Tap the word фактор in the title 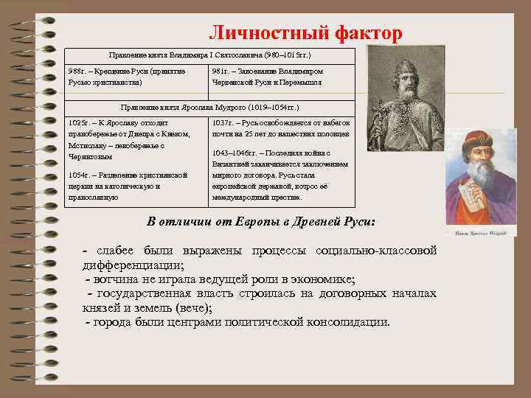[x=369, y=33]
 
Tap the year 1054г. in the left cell [x=81, y=175]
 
